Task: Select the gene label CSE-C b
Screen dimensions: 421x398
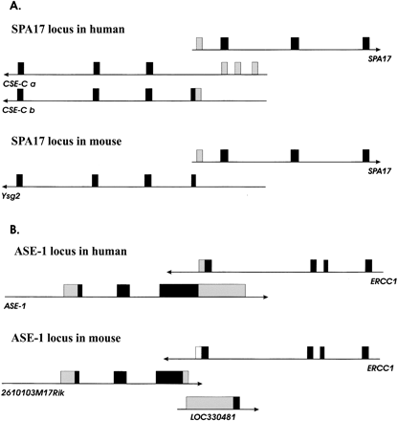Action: pyautogui.click(x=24, y=110)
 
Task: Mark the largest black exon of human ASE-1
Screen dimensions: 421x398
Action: pyautogui.click(x=179, y=290)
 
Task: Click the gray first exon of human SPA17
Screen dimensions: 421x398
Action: pyautogui.click(x=199, y=43)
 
